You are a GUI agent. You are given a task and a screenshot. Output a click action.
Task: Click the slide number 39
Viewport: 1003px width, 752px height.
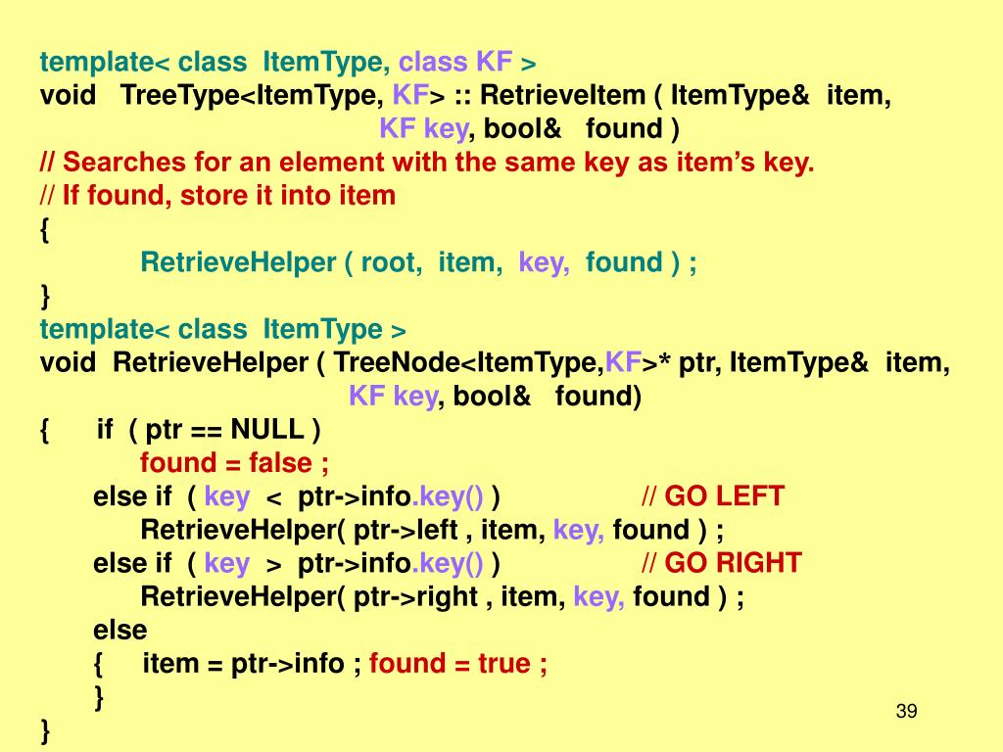tap(906, 711)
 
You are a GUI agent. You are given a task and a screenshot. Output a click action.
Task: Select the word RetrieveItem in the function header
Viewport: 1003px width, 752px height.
tap(563, 95)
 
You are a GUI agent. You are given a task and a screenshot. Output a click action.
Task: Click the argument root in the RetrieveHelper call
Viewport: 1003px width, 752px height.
tap(391, 262)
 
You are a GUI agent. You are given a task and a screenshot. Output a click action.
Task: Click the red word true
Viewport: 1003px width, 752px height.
tap(503, 663)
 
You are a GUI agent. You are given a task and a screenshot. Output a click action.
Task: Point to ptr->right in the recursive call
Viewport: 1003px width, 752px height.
tap(415, 596)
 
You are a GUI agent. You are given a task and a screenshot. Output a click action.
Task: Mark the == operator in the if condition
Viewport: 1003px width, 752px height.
tap(212, 429)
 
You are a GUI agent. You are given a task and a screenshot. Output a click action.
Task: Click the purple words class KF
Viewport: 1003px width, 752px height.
tap(455, 63)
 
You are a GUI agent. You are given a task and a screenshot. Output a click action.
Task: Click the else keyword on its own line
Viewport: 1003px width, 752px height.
tap(119, 630)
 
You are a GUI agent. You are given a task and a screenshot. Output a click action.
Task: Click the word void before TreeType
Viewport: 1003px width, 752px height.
tap(68, 95)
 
